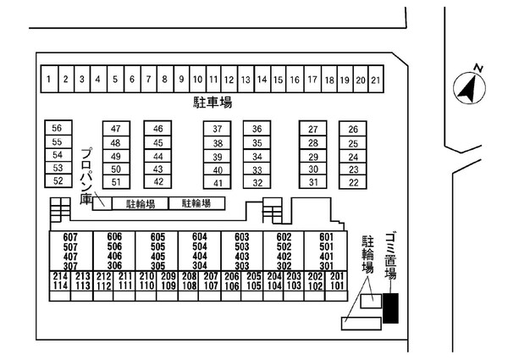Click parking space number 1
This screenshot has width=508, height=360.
tap(49, 80)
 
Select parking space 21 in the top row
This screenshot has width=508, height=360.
tap(376, 80)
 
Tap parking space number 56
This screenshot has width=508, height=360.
tap(58, 128)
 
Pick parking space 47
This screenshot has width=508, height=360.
tap(116, 129)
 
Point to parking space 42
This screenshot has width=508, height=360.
tap(157, 181)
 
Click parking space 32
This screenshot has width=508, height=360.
tap(258, 182)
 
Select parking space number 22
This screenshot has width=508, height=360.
tap(353, 182)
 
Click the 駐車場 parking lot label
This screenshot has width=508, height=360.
tap(212, 102)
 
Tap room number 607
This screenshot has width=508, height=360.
tap(69, 236)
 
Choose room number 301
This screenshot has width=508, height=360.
tap(325, 265)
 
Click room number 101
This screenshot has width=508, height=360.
tap(336, 286)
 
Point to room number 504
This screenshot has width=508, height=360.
tap(199, 246)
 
